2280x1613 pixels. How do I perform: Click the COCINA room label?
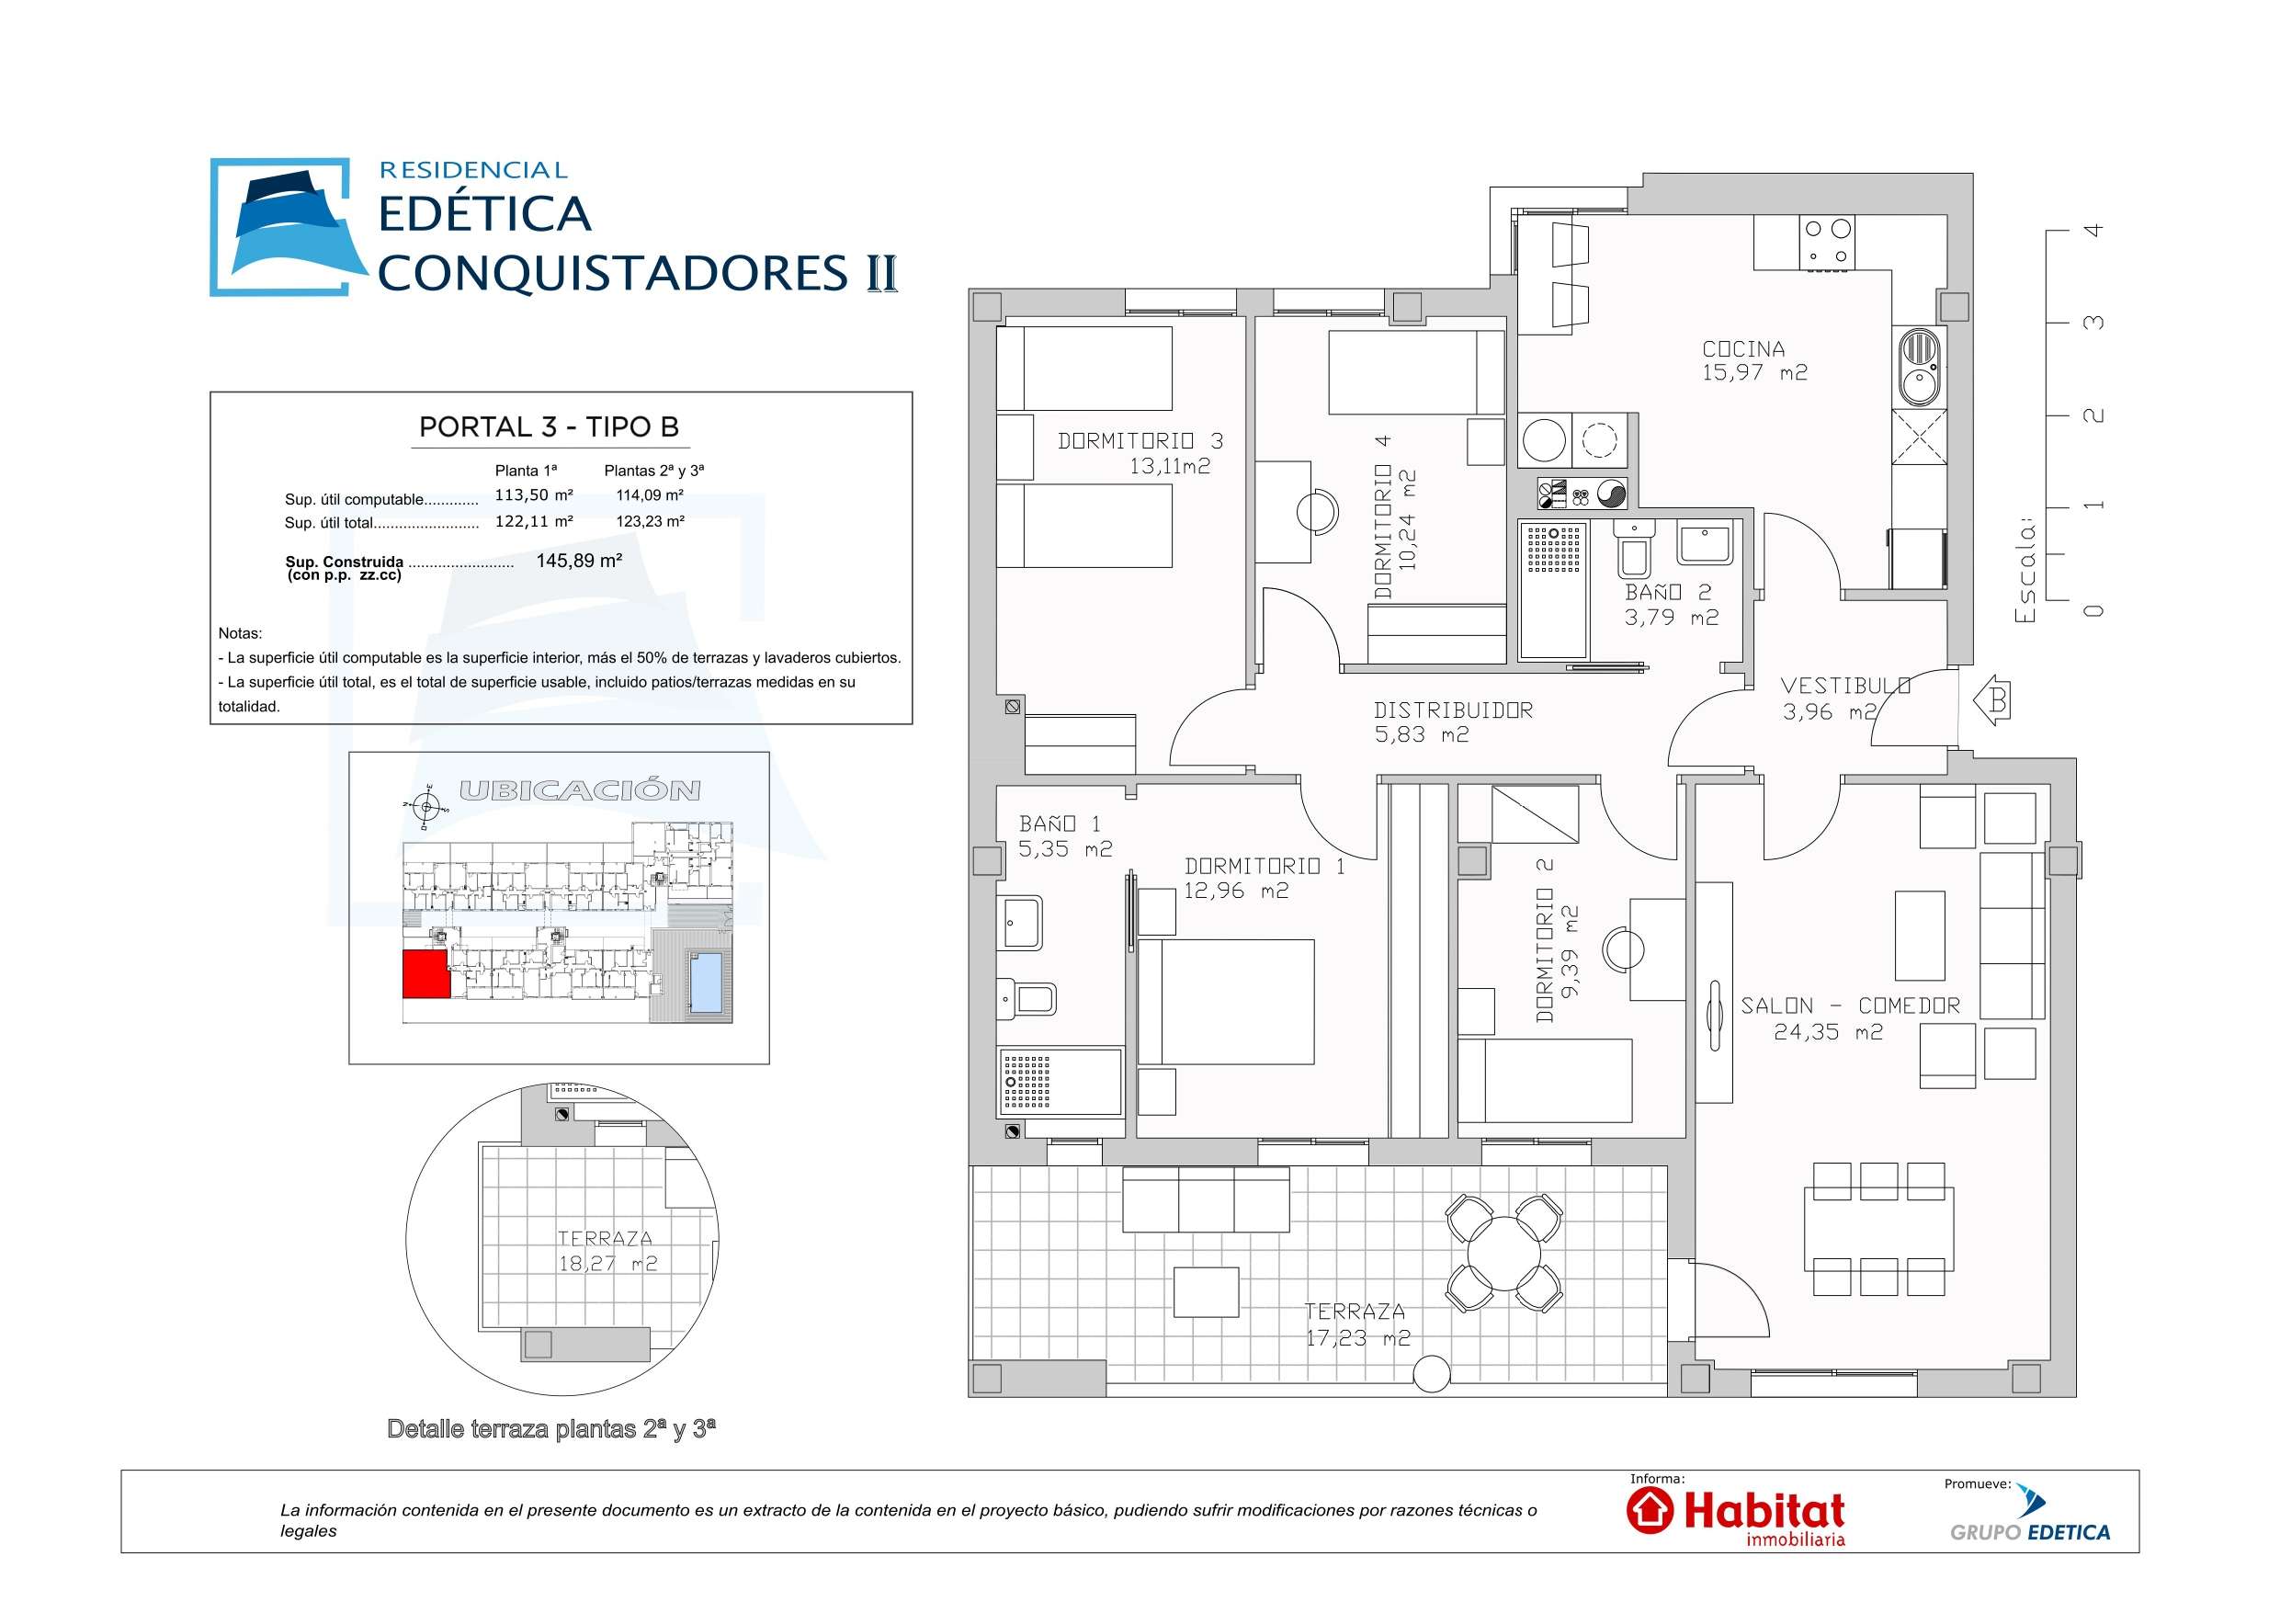(x=1742, y=349)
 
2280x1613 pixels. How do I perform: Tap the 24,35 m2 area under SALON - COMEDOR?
(x=1827, y=1033)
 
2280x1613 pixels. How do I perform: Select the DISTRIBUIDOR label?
(x=1453, y=711)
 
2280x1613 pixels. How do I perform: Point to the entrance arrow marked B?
(x=1991, y=701)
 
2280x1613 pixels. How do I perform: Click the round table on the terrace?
(x=1503, y=1255)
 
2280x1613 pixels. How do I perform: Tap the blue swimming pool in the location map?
(x=705, y=983)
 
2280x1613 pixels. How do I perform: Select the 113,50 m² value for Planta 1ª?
(x=533, y=495)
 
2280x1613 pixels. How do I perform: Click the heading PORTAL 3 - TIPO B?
(x=550, y=427)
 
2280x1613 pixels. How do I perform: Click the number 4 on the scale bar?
(x=2093, y=231)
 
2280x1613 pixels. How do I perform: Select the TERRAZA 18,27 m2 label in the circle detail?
(x=606, y=1252)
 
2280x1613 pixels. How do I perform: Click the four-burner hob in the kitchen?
(x=1827, y=243)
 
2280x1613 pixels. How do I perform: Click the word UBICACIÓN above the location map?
(x=579, y=790)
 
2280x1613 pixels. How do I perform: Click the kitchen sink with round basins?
(x=1919, y=368)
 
